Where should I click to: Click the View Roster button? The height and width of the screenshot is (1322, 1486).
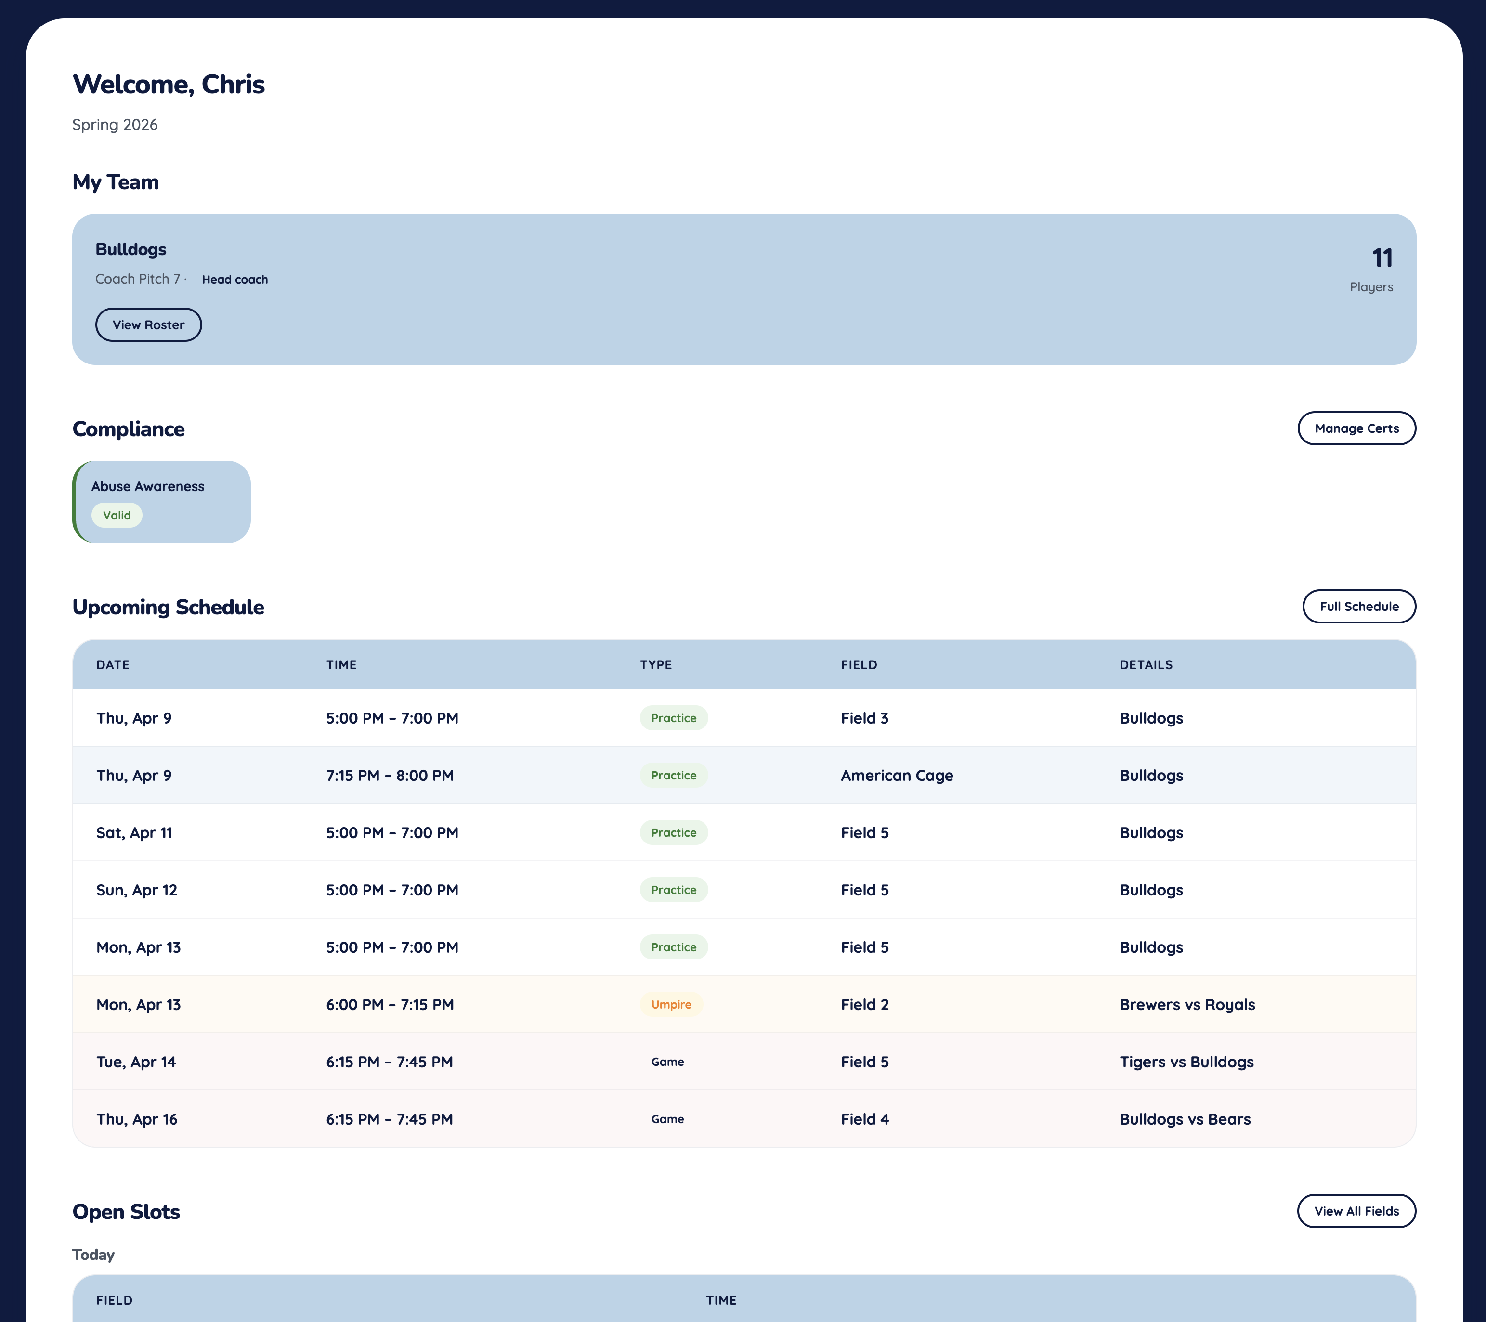point(148,325)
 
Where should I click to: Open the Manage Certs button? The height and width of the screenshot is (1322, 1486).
point(1356,428)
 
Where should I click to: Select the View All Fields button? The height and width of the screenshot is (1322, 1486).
point(1356,1211)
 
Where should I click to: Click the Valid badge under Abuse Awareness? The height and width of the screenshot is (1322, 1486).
point(117,515)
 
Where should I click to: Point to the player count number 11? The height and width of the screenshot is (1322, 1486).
point(1382,258)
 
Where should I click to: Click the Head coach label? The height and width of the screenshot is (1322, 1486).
point(235,280)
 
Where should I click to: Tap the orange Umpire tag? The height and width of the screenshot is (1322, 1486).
point(671,1004)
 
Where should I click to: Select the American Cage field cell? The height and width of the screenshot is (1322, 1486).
point(897,776)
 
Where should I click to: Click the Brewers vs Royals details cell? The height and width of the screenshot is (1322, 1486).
point(1186,1004)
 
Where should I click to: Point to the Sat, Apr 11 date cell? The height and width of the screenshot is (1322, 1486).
point(134,833)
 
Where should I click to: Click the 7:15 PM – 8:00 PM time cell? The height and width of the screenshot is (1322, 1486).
point(390,776)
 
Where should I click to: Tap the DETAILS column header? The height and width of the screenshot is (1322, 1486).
point(1146,665)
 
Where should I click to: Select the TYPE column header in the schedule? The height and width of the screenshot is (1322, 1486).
point(656,665)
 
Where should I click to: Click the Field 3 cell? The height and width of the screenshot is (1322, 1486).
point(864,718)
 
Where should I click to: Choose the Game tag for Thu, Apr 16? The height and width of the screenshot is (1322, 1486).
point(667,1119)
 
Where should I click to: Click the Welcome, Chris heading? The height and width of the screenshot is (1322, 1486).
point(169,84)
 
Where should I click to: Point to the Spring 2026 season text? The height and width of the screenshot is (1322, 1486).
point(115,125)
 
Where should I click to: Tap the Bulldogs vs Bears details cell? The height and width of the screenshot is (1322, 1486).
point(1184,1119)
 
